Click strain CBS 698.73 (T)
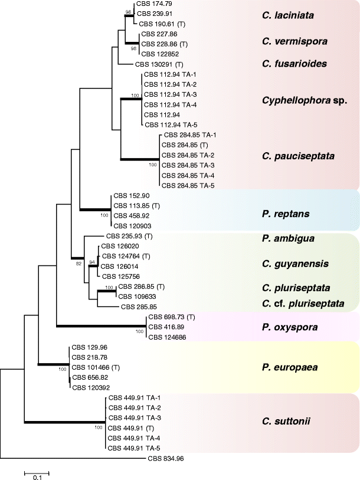[x=172, y=317]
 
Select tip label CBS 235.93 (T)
[x=129, y=236]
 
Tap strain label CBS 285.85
[x=139, y=307]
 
